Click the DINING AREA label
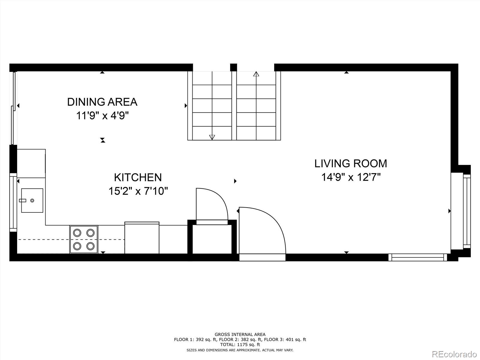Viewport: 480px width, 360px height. (102, 102)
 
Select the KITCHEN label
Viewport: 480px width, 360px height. (138, 177)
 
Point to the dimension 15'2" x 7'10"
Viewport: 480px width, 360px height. (138, 191)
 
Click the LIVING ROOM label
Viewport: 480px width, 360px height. (351, 163)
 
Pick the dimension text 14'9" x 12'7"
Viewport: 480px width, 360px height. (351, 177)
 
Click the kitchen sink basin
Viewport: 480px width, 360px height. (32, 200)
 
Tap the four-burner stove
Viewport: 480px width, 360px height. (84, 239)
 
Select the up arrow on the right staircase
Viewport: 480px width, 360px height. (256, 74)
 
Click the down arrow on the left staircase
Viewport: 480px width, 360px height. (212, 137)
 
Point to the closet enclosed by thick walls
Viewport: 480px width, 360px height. (212, 239)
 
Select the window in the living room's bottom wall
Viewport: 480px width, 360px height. (418, 257)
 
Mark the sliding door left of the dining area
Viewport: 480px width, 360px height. (13, 108)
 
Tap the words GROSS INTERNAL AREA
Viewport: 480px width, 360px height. (240, 334)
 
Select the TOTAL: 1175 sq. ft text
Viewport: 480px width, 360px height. (240, 345)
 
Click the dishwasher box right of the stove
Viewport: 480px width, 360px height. (142, 238)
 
